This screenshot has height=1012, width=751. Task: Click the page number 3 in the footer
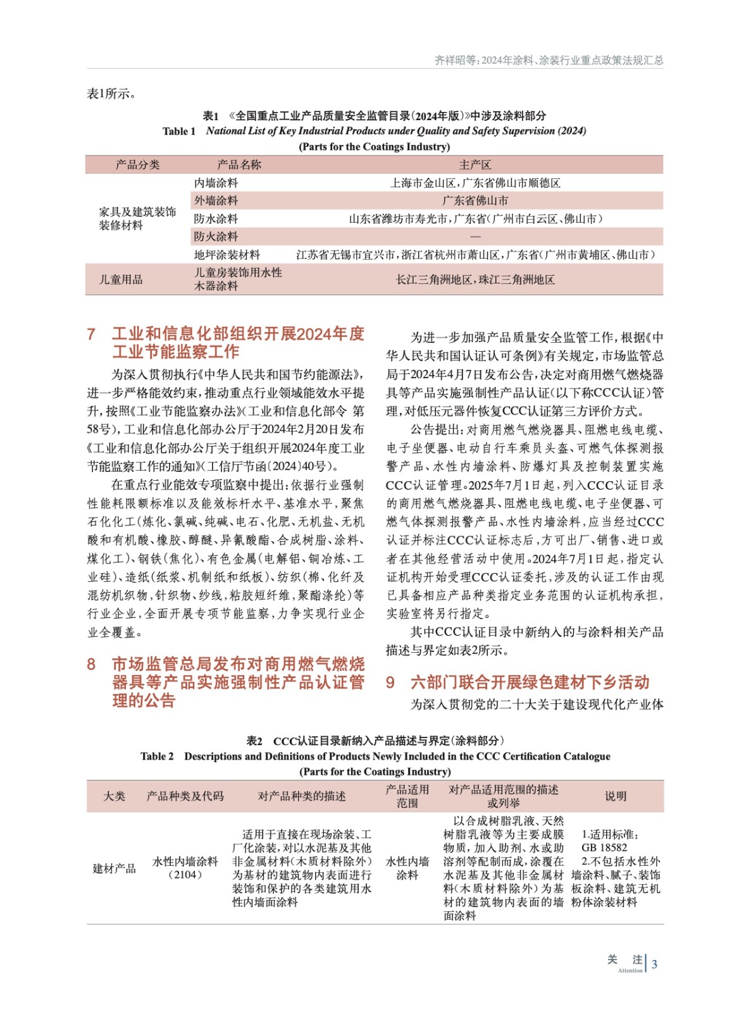click(655, 964)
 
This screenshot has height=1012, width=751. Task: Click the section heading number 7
click(91, 334)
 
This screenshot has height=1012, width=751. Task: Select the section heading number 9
click(390, 682)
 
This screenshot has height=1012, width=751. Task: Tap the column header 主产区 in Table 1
click(475, 165)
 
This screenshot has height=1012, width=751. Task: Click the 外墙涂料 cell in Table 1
click(216, 201)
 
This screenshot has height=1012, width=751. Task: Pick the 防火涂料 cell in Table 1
click(216, 237)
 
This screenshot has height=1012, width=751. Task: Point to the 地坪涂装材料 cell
click(227, 255)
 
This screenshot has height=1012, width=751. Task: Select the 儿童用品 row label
click(120, 280)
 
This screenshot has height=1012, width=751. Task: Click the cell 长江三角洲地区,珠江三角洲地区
click(475, 280)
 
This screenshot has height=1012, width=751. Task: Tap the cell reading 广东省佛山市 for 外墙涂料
click(475, 201)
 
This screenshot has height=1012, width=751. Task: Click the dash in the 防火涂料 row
click(475, 237)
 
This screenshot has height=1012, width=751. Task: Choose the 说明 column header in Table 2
click(615, 796)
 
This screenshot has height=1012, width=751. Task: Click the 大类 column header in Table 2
click(114, 796)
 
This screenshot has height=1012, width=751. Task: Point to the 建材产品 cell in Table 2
click(114, 868)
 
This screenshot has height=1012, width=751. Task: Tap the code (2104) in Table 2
click(185, 875)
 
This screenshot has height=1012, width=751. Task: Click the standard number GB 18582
click(604, 848)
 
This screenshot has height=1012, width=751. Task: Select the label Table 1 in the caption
click(179, 132)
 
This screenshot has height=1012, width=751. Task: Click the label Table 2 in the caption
click(157, 756)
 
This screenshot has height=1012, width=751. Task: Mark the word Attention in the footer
click(630, 970)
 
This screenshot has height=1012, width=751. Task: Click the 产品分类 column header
click(137, 165)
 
